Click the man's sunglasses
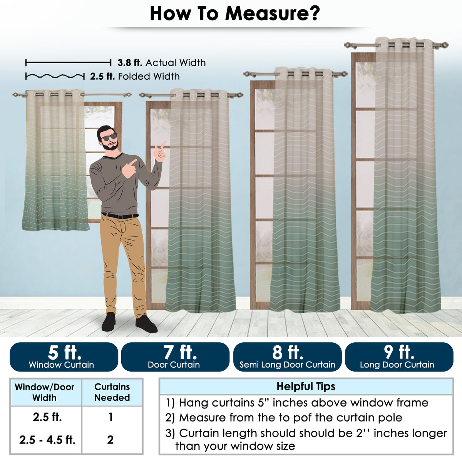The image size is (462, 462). (109, 137)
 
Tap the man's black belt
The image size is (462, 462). (120, 216)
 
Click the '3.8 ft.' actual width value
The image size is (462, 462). (130, 63)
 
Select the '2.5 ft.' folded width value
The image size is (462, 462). (102, 77)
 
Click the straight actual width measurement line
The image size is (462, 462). (68, 63)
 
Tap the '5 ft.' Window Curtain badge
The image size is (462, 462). (64, 357)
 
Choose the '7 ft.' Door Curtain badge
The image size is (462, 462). (175, 357)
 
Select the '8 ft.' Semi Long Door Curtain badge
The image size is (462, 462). (287, 357)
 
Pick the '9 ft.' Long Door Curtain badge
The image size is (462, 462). (399, 357)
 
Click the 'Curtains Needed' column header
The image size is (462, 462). (112, 392)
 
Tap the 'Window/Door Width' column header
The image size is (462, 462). (44, 392)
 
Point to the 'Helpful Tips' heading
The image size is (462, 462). (306, 387)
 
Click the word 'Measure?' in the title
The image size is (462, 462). (272, 13)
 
